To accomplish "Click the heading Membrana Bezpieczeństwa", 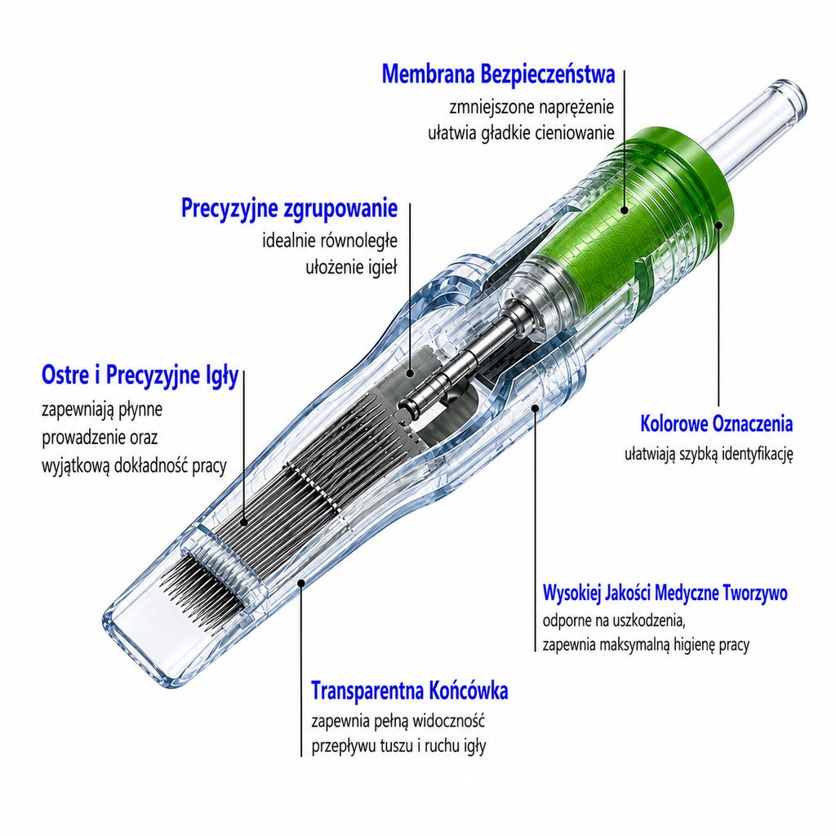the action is point(499,73).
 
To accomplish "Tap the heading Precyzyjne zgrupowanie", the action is point(290,208).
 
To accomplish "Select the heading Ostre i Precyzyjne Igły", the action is point(140,376).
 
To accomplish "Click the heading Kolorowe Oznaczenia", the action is point(717,424).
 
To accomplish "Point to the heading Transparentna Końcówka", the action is point(410,691).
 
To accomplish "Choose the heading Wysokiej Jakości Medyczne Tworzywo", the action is point(665,593).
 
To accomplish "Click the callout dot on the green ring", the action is point(718,225).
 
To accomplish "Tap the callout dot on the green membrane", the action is point(625,211).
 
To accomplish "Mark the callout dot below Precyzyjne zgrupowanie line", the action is point(410,374).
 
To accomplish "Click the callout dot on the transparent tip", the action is point(301,583).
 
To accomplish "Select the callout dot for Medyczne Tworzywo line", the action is point(536,408).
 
